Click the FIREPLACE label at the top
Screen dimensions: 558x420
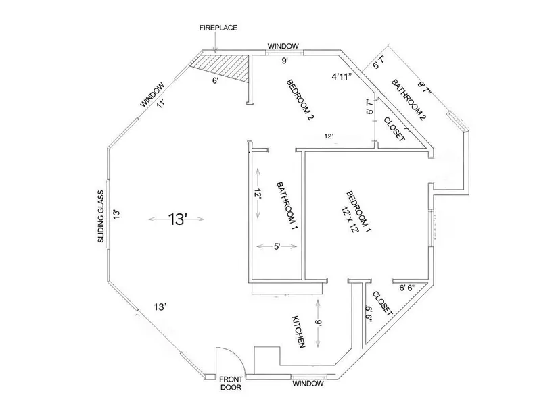(x=218, y=28)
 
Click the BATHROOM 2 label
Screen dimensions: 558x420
(x=409, y=100)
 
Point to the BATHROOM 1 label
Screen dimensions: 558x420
(x=287, y=206)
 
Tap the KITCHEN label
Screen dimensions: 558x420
(x=298, y=332)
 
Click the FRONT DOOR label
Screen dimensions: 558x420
(x=231, y=384)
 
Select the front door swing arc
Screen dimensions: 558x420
(x=237, y=355)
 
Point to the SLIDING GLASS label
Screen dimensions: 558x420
(x=101, y=217)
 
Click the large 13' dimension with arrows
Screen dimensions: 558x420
(x=177, y=219)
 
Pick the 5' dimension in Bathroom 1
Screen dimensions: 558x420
(x=277, y=246)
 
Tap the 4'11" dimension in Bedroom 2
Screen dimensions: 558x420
(x=342, y=76)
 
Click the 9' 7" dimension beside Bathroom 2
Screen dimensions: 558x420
(x=425, y=88)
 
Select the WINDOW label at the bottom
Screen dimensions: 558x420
(x=308, y=384)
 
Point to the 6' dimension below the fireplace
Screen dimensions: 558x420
(x=215, y=80)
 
